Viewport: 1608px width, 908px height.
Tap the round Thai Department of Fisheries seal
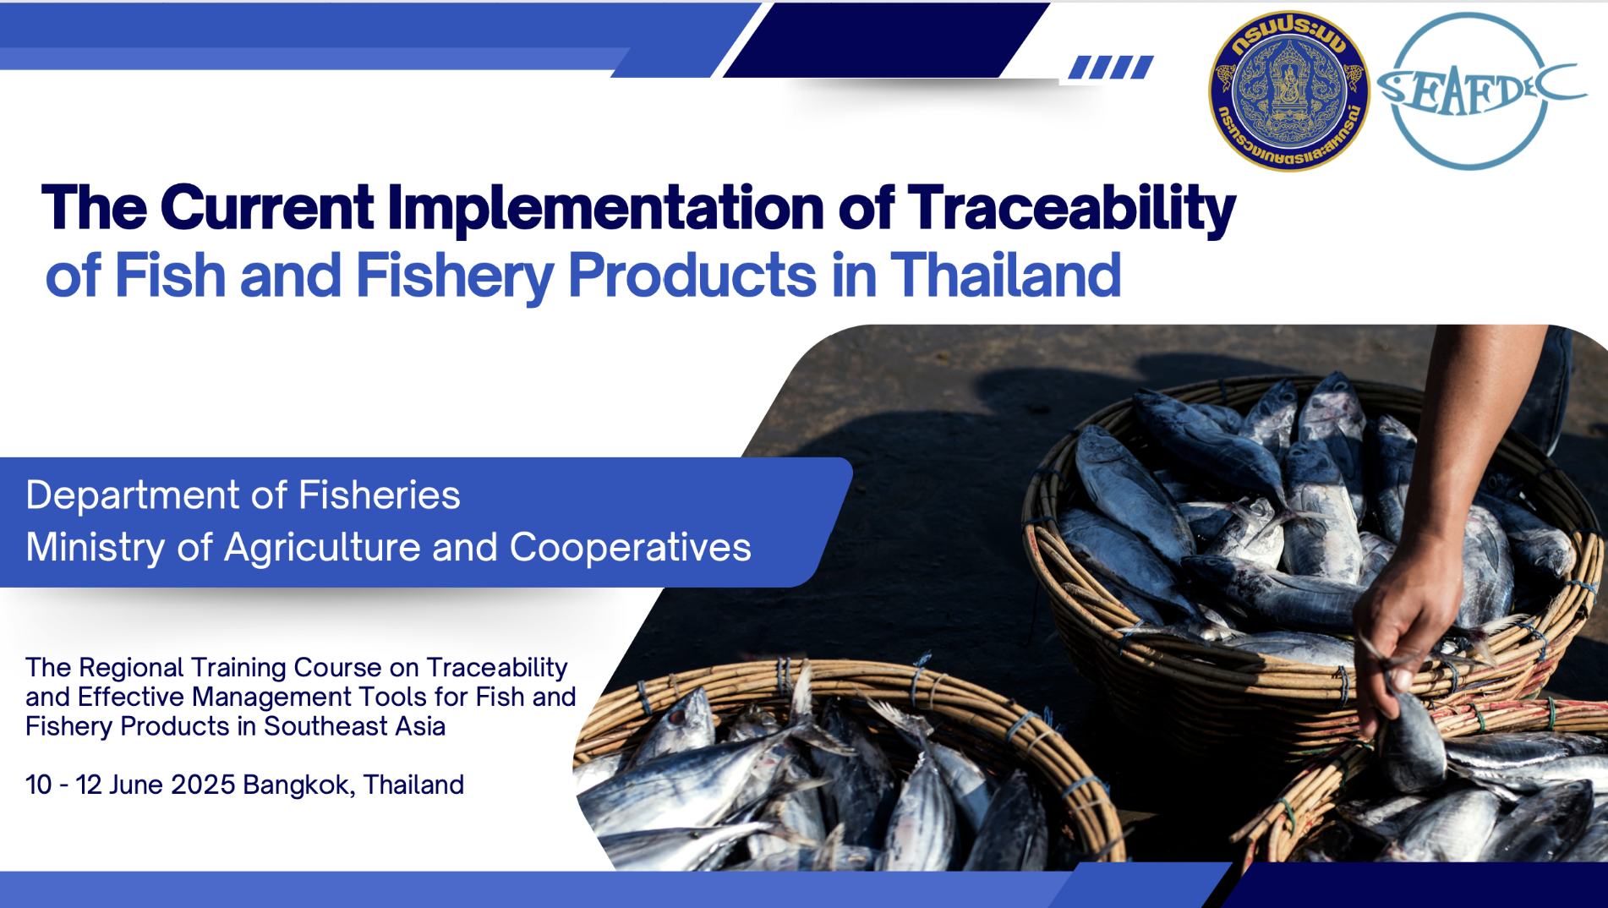pyautogui.click(x=1288, y=91)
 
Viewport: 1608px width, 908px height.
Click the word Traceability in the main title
pyautogui.click(x=1071, y=209)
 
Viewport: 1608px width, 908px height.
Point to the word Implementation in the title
pyautogui.click(x=605, y=209)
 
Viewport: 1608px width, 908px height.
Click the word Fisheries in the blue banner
pyautogui.click(x=379, y=495)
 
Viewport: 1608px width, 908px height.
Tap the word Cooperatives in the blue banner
pyautogui.click(x=630, y=548)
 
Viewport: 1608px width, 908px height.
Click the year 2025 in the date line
pyautogui.click(x=203, y=785)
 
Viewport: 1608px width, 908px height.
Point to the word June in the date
pyautogui.click(x=136, y=785)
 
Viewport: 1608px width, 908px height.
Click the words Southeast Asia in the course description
pyautogui.click(x=354, y=726)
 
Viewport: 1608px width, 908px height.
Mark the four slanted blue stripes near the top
pyautogui.click(x=1111, y=67)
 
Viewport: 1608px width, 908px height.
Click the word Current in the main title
pyautogui.click(x=267, y=209)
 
